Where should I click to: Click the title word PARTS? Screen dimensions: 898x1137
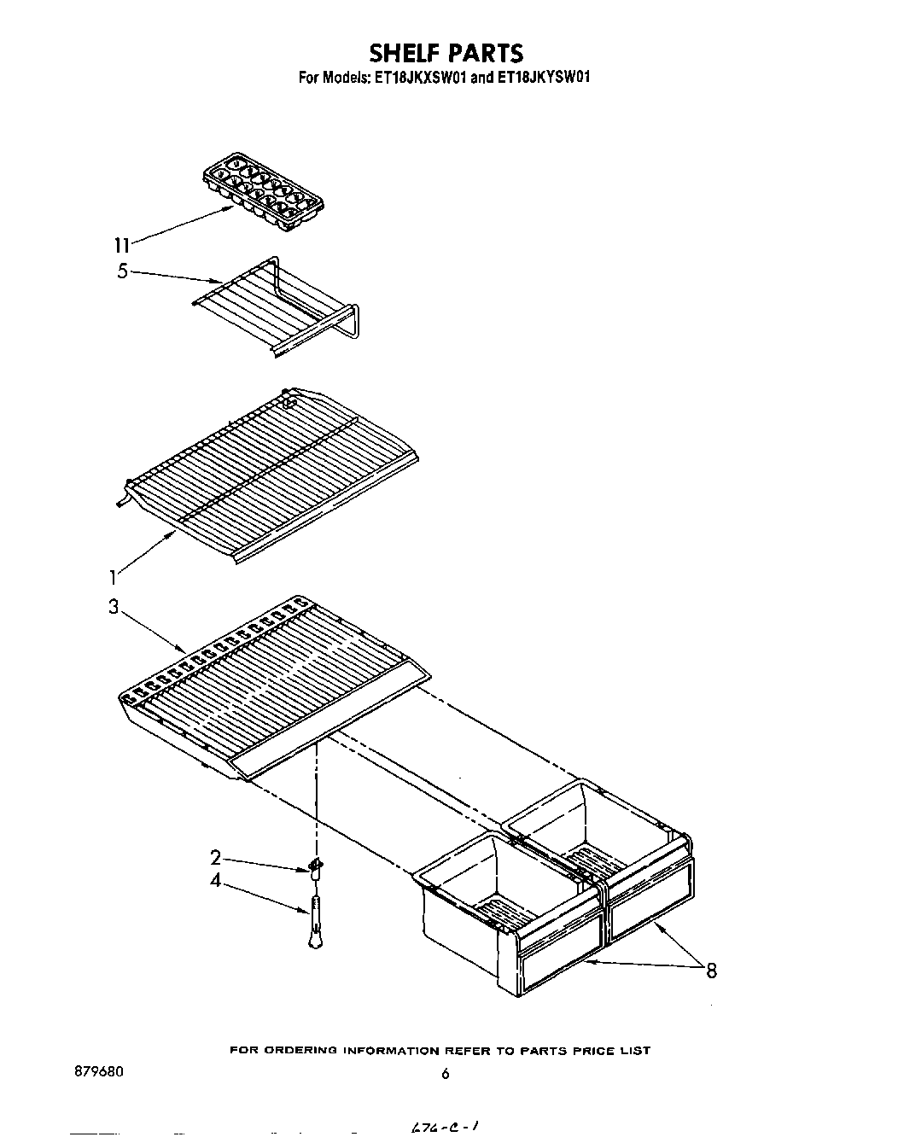point(484,54)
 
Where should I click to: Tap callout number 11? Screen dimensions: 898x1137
point(122,245)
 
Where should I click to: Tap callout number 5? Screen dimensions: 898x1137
point(122,271)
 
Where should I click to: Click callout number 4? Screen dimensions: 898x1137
point(216,880)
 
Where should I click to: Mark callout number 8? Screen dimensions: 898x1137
point(710,970)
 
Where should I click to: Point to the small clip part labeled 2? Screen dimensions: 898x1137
point(316,868)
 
